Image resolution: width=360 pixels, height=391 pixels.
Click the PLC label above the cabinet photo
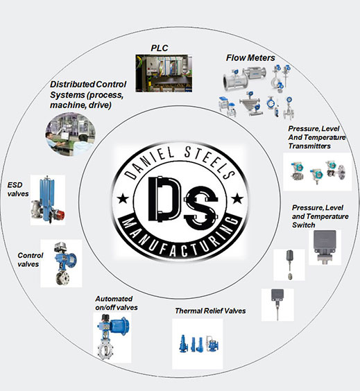pyautogui.click(x=160, y=48)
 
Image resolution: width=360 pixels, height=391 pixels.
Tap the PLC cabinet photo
pyautogui.click(x=164, y=73)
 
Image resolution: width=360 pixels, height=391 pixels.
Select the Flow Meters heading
pyautogui.click(x=250, y=58)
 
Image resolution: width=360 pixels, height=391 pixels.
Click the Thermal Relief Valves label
pyautogui.click(x=210, y=311)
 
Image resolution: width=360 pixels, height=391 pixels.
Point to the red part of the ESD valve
pyautogui.click(x=60, y=215)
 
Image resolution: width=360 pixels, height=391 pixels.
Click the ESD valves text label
pyautogui.click(x=18, y=189)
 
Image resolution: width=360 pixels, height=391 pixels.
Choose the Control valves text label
pyautogui.click(x=31, y=259)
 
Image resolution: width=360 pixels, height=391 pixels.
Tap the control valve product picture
pyautogui.click(x=61, y=263)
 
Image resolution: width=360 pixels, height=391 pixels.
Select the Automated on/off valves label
pyautogui.click(x=117, y=303)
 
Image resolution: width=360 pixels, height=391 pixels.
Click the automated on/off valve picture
pyautogui.click(x=112, y=338)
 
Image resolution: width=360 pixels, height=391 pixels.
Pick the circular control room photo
pyautogui.click(x=71, y=134)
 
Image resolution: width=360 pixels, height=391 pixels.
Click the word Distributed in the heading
pyautogui.click(x=72, y=85)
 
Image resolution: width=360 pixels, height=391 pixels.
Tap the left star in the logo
pyautogui.click(x=123, y=198)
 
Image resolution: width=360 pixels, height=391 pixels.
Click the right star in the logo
pyautogui.click(x=237, y=198)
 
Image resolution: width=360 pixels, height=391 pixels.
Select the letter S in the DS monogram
pyautogui.click(x=201, y=207)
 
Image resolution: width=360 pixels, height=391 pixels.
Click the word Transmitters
pyautogui.click(x=309, y=146)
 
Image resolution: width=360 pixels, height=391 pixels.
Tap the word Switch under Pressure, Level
pyautogui.click(x=304, y=225)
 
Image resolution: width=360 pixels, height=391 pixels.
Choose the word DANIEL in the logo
pyautogui.click(x=149, y=162)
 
